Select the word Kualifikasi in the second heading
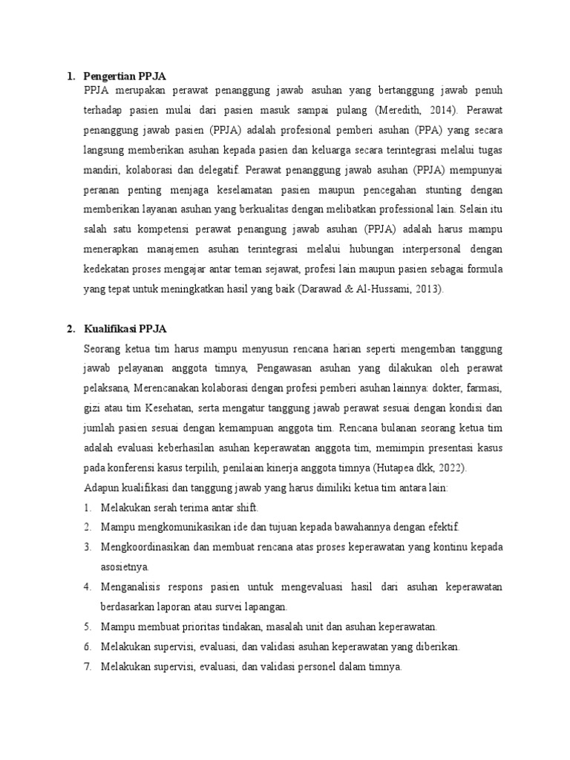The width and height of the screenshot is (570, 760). point(113,329)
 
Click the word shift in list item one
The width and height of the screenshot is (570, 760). point(243,508)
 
